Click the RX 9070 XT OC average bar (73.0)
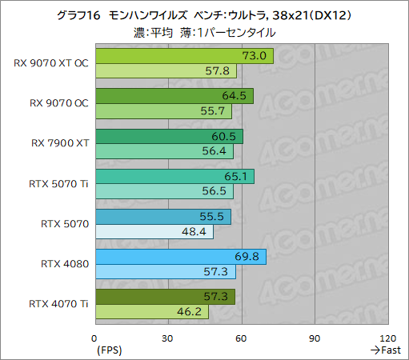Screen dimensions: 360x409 (x=184, y=56)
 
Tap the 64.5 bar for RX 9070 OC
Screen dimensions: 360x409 (x=174, y=96)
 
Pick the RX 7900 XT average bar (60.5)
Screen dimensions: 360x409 (x=169, y=136)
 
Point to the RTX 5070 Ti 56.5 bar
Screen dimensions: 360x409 (x=164, y=192)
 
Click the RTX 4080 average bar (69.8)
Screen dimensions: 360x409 (x=180, y=257)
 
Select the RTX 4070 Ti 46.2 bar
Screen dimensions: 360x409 (x=151, y=312)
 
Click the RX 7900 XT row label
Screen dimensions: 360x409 (x=59, y=143)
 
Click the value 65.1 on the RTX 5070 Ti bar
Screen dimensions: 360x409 (x=240, y=176)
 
